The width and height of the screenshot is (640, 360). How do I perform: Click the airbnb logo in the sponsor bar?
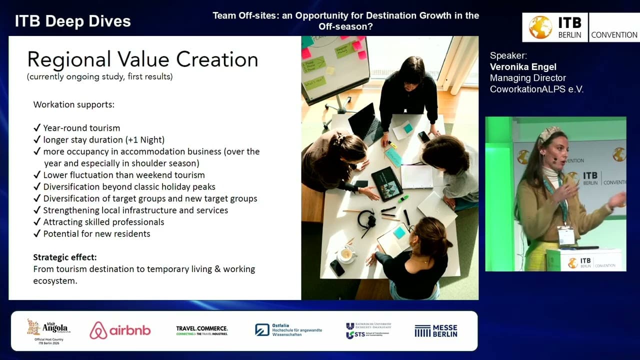pos(120,330)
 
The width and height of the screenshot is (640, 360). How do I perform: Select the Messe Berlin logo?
pos(435,330)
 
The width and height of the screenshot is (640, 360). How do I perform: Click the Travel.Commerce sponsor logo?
pos(202,330)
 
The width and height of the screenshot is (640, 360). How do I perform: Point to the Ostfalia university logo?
pos(288,330)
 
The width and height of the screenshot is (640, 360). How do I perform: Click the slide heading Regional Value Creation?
pos(142,59)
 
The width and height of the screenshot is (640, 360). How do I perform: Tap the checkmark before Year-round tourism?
pos(37,128)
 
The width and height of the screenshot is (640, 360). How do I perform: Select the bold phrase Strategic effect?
pos(65,257)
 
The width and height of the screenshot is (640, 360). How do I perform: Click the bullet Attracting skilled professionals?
pos(103,222)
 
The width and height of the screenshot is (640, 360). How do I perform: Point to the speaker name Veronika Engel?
pos(523,66)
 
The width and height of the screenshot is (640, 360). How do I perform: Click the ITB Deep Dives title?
pos(73,21)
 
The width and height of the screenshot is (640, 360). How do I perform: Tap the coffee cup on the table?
pos(346,254)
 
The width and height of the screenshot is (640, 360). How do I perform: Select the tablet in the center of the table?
pos(386,183)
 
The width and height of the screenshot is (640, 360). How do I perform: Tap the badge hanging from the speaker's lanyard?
pos(566,235)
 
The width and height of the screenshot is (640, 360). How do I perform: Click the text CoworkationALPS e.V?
pos(536,89)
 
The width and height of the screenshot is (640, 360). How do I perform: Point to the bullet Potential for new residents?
pos(96,233)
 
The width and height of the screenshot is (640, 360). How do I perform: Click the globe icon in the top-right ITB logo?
pos(540,27)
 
